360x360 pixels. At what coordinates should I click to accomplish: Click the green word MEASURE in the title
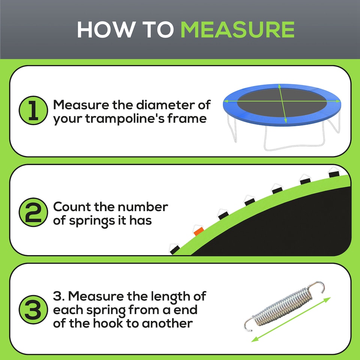[237, 29]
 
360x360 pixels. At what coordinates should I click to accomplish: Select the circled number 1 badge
[33, 111]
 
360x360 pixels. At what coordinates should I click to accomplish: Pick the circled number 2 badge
[33, 213]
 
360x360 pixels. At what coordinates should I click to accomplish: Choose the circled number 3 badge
[33, 310]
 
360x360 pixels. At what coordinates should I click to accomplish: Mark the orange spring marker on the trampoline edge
[198, 230]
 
